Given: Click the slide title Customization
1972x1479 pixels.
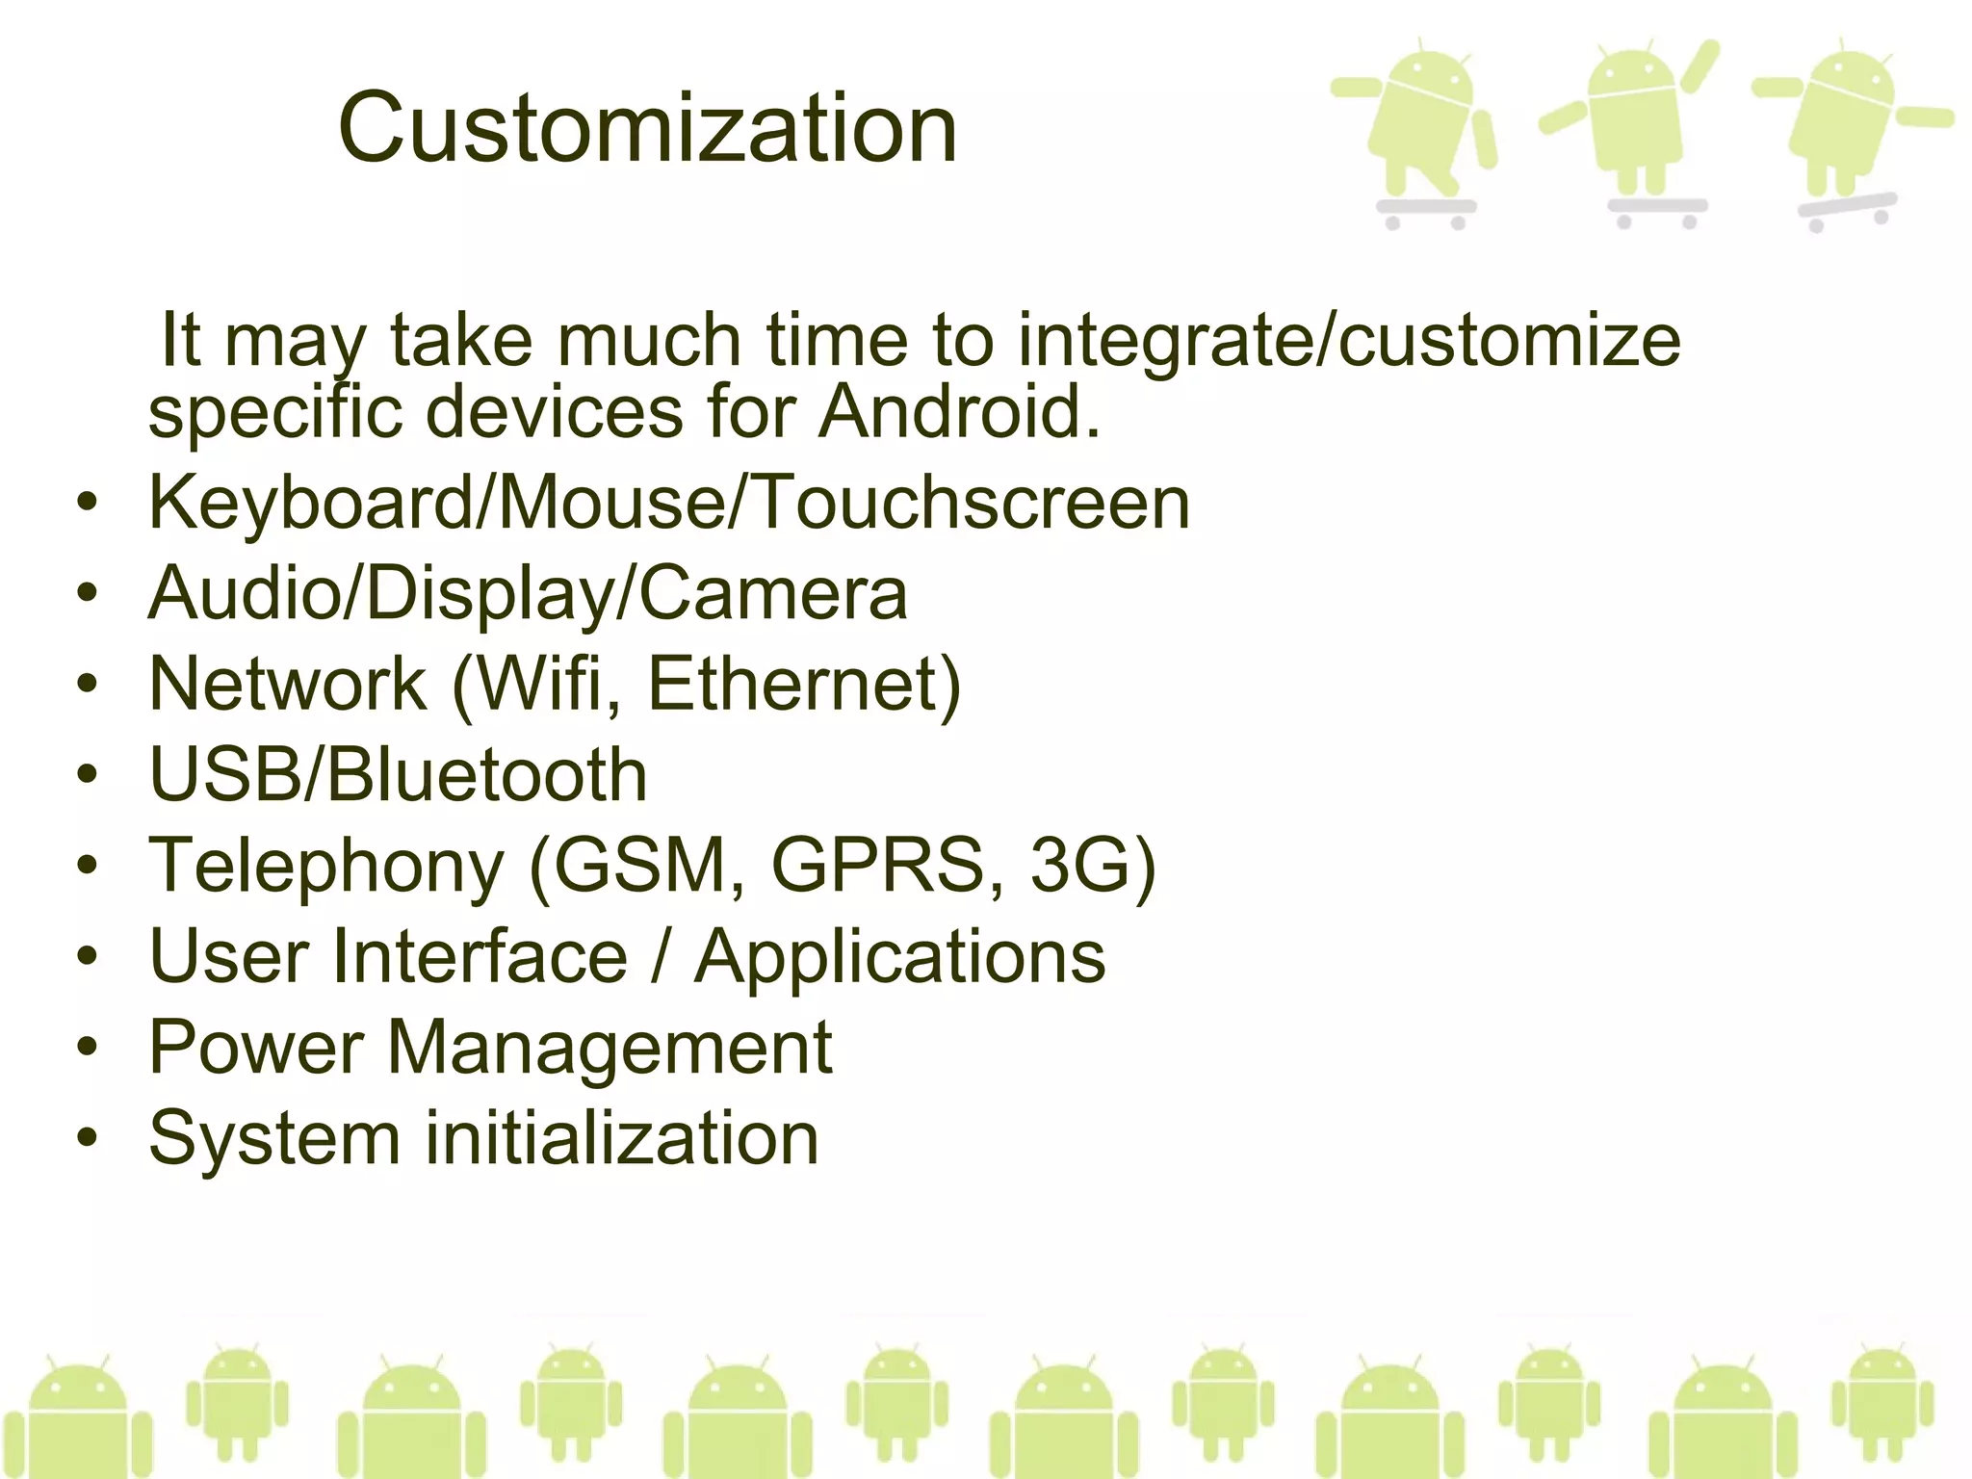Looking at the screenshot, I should [647, 128].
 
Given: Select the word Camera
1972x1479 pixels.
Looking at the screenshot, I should [773, 593].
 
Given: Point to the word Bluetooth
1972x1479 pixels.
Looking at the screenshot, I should [487, 775].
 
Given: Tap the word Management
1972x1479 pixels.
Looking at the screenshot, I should [610, 1047].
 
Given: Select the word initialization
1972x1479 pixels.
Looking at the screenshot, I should [622, 1138].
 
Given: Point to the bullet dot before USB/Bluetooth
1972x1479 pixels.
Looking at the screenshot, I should [88, 775].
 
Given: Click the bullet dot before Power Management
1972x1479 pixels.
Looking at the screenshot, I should [88, 1048].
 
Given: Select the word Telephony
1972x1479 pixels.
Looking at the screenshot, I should [326, 865].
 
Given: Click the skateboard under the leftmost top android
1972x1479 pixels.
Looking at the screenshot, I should [1426, 209].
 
